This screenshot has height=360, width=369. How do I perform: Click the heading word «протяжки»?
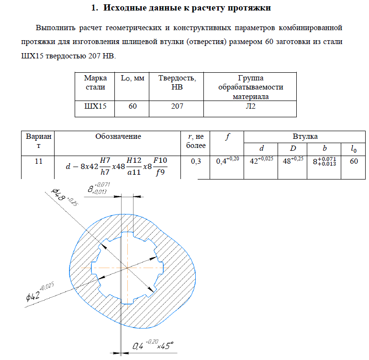(249, 8)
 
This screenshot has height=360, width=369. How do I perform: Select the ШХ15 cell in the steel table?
(95, 106)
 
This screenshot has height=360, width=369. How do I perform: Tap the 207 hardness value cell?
(177, 106)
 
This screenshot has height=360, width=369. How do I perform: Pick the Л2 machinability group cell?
(250, 106)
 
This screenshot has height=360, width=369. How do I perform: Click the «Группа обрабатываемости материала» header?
(250, 87)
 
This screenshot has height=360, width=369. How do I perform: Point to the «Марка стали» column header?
(95, 82)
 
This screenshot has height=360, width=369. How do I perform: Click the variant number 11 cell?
(39, 161)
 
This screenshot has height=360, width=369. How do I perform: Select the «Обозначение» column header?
(118, 136)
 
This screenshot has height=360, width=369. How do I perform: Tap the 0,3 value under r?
(196, 161)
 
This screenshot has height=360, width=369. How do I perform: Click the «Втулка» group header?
(305, 136)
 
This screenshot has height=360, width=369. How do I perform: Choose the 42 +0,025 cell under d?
(261, 160)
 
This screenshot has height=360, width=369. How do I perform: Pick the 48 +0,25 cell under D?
(293, 160)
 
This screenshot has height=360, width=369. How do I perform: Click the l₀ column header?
(354, 149)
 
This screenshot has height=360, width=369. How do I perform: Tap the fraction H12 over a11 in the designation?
(134, 167)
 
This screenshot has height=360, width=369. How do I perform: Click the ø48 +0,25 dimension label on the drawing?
(64, 198)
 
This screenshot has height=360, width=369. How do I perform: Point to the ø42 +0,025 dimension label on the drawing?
(40, 292)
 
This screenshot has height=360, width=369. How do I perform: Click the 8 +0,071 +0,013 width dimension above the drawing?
(99, 188)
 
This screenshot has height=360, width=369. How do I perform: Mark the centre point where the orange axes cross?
(127, 268)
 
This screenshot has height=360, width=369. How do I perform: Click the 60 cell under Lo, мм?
(133, 106)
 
